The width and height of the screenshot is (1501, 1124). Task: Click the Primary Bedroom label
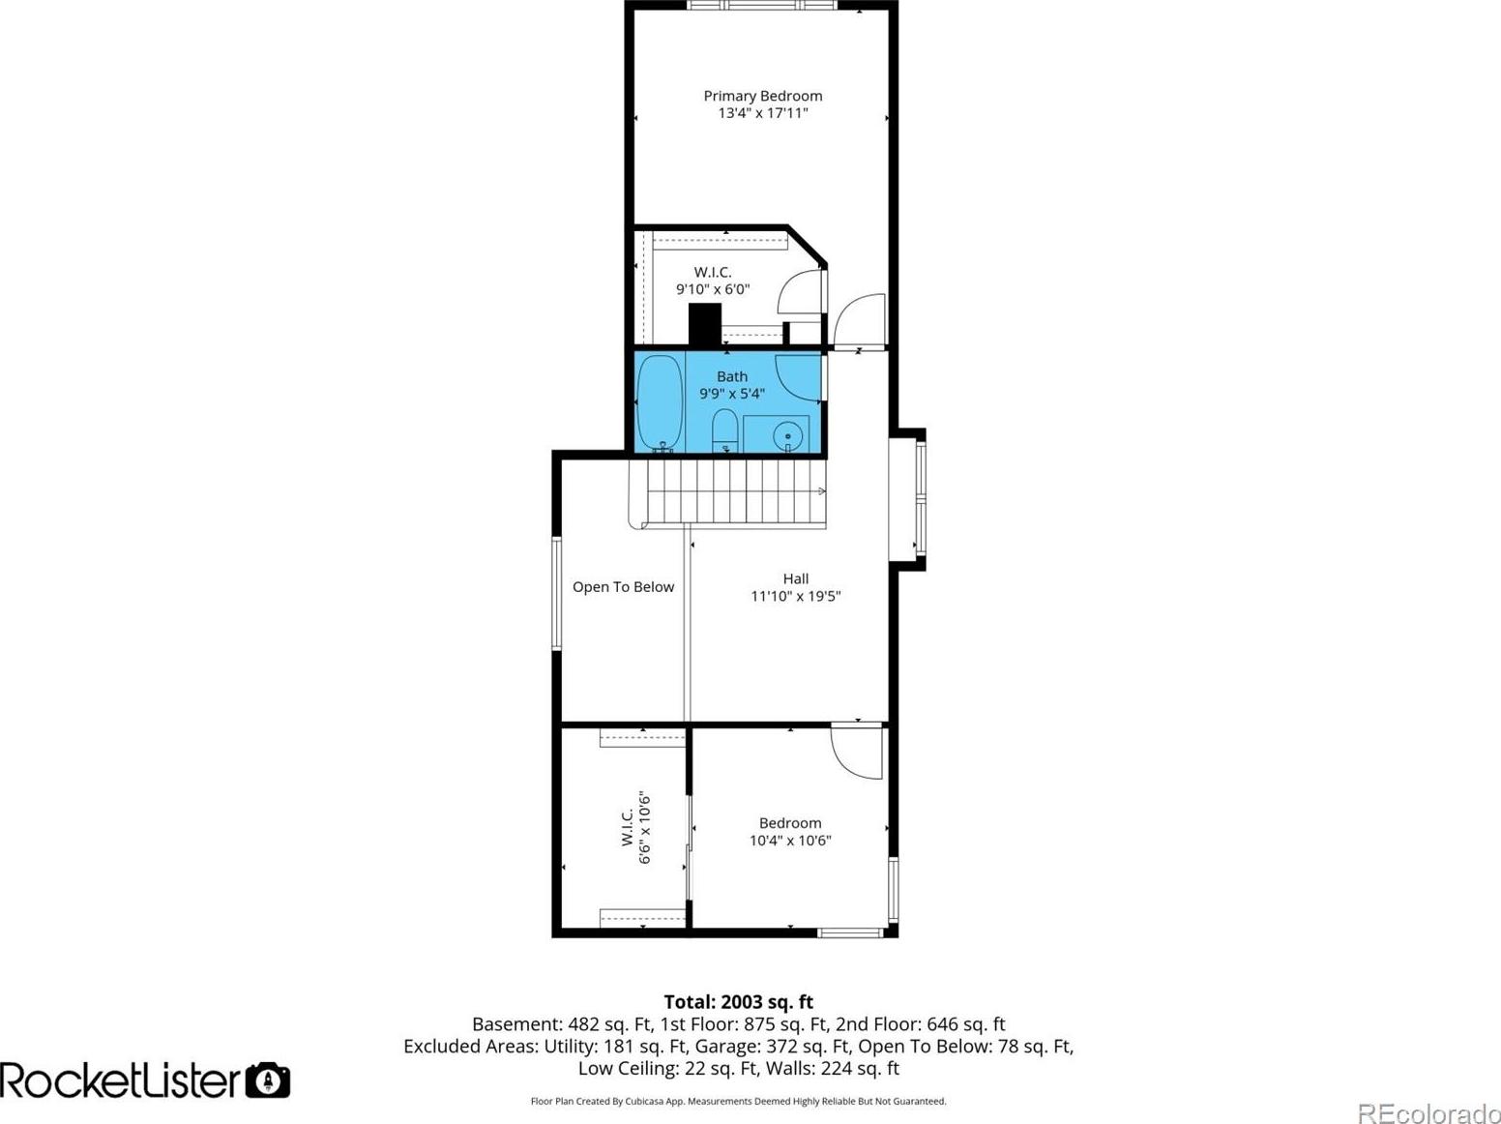pyautogui.click(x=762, y=96)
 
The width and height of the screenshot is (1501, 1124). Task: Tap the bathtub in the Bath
pyautogui.click(x=660, y=403)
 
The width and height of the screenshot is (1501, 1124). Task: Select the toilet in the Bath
pyautogui.click(x=724, y=430)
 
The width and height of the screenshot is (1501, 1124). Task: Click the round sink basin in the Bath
pyautogui.click(x=788, y=435)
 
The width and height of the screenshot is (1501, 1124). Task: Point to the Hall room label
pyautogui.click(x=795, y=578)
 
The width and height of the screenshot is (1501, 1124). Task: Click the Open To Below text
pyautogui.click(x=623, y=586)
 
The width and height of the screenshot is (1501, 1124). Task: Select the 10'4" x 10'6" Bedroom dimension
pyautogui.click(x=790, y=841)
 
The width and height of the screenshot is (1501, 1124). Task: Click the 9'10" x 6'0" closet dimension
pyautogui.click(x=713, y=289)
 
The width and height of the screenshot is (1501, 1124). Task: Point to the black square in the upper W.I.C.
pyautogui.click(x=705, y=324)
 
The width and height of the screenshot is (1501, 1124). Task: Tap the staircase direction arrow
pyautogui.click(x=821, y=490)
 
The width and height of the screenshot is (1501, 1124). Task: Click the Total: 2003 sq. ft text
pyautogui.click(x=739, y=1001)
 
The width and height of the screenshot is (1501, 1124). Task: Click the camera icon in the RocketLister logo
pyautogui.click(x=268, y=1080)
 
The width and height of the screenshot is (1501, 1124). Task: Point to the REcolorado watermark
pyautogui.click(x=1427, y=1112)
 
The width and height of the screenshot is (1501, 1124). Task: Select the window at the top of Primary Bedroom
pyautogui.click(x=762, y=6)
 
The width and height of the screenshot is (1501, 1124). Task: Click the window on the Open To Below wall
pyautogui.click(x=557, y=593)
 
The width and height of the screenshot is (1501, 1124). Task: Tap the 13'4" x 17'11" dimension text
pyautogui.click(x=762, y=113)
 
